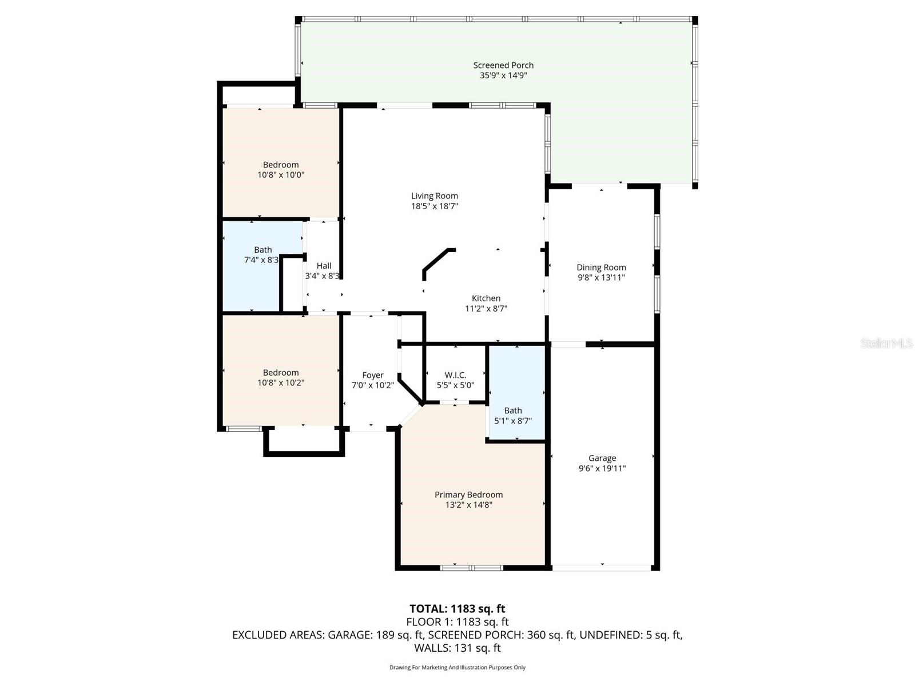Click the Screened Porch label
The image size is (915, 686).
click(503, 65)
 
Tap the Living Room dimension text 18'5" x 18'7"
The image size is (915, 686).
click(435, 206)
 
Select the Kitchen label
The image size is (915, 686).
click(486, 298)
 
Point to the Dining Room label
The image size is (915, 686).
click(601, 267)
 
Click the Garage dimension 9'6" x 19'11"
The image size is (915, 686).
click(602, 468)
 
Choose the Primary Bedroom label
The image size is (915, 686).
click(468, 494)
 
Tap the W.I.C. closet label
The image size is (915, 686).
click(455, 375)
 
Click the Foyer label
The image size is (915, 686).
click(373, 375)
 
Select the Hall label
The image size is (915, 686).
click(324, 265)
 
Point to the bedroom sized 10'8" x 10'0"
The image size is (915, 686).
click(281, 166)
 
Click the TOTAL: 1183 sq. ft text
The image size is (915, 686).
click(457, 609)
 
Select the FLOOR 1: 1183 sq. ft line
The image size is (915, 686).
click(457, 622)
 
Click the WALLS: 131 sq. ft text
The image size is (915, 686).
click(457, 648)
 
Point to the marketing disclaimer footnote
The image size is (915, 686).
click(457, 667)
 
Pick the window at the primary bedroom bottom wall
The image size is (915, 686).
click(472, 568)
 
